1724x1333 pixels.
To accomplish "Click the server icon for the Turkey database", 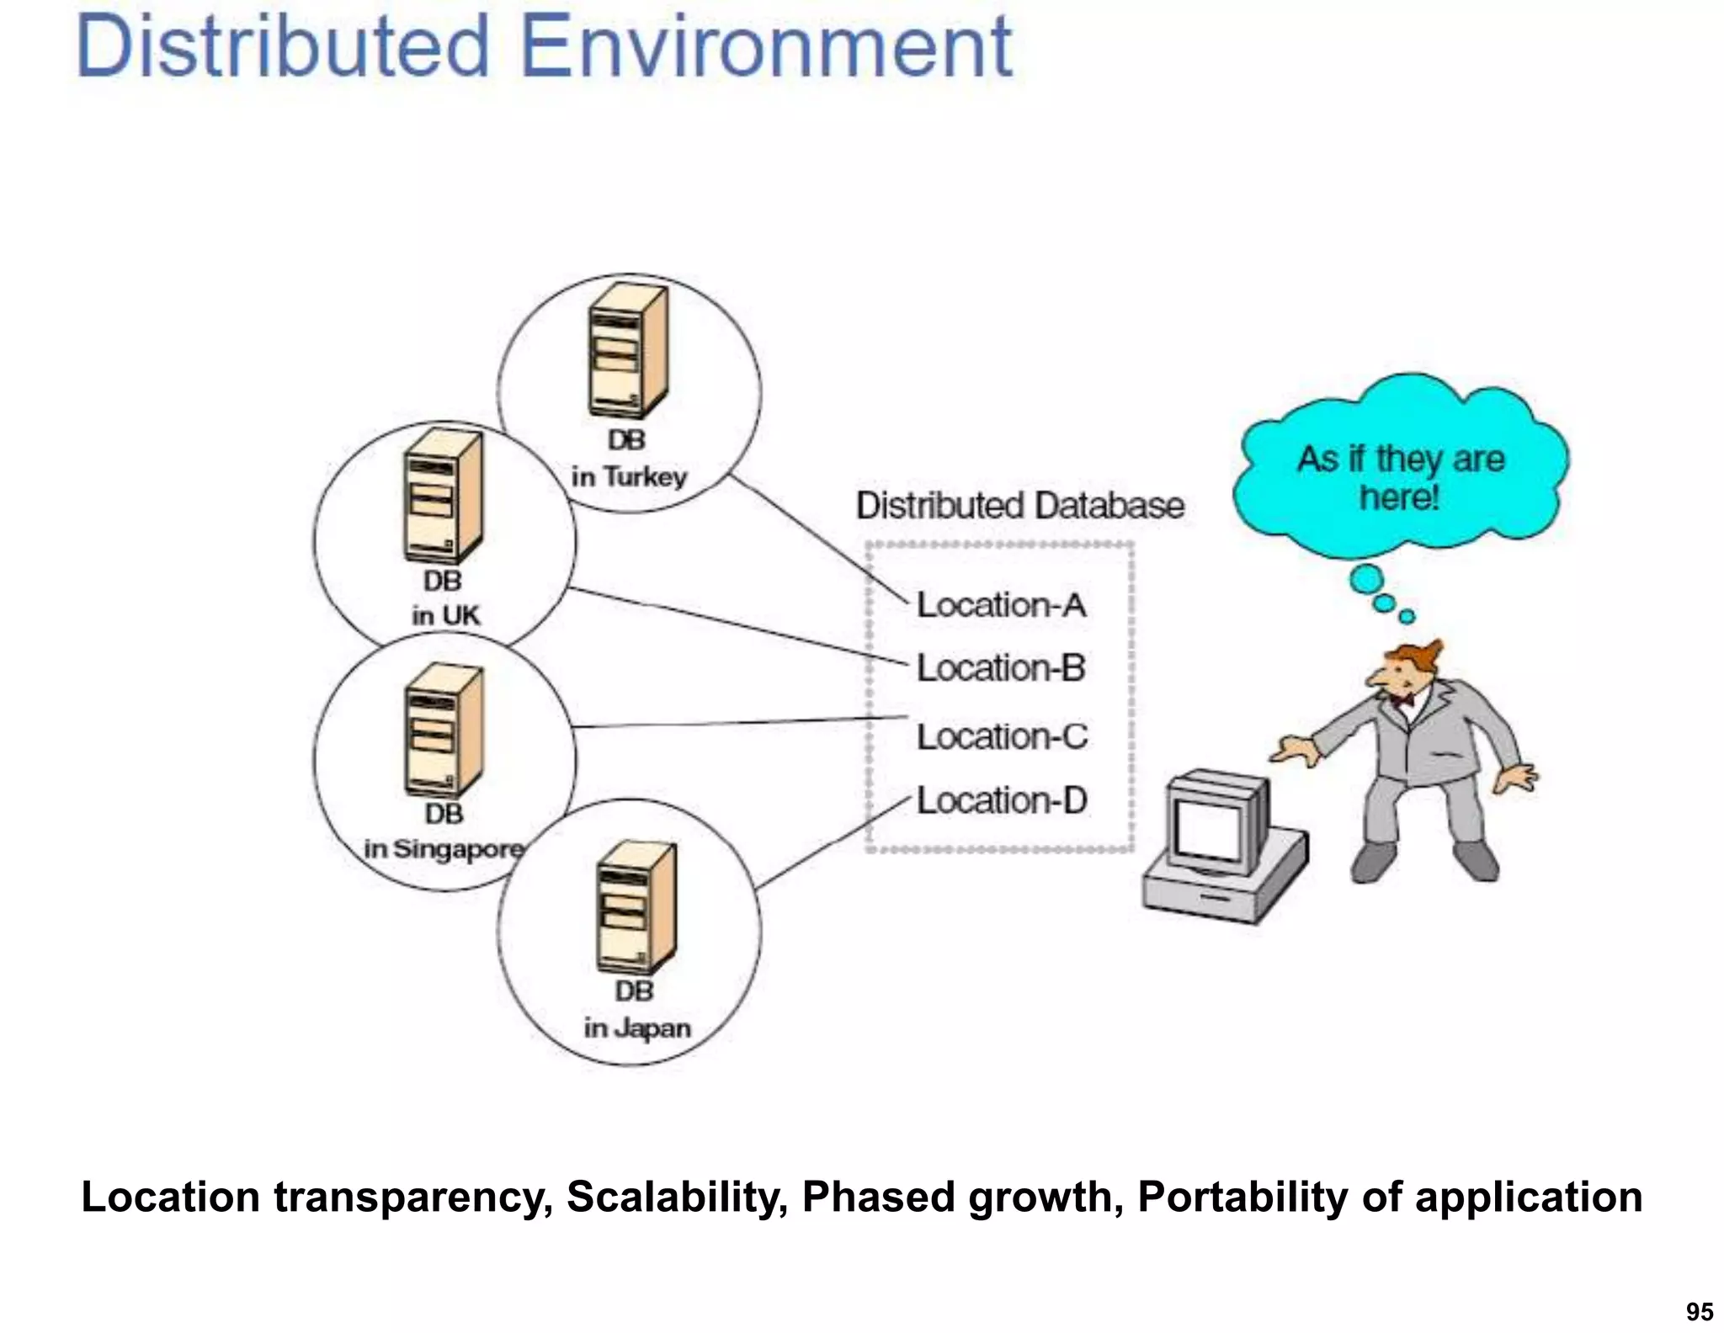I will [628, 352].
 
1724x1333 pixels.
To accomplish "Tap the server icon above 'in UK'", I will [443, 497].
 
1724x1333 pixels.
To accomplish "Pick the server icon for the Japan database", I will [635, 907].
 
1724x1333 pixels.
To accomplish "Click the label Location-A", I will [1001, 605].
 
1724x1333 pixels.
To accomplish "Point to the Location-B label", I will [1001, 668].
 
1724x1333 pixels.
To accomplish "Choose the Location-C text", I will [1002, 737].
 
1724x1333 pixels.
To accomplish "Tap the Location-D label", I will [1002, 800].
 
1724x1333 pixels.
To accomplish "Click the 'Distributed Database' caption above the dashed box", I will [1020, 506].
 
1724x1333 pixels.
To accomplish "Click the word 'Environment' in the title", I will [766, 47].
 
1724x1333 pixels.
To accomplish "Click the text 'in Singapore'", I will [444, 849].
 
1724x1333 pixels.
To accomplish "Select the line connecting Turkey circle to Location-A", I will [817, 539].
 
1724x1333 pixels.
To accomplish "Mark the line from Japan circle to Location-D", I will [833, 842].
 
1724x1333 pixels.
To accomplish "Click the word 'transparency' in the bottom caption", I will [412, 1197].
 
